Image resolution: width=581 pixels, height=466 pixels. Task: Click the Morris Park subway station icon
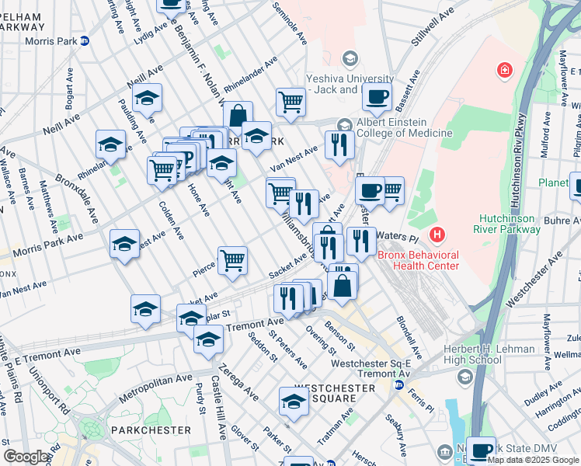(x=85, y=41)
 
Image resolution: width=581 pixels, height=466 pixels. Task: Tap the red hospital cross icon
(x=506, y=71)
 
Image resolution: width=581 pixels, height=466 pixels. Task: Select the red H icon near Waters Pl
(x=439, y=233)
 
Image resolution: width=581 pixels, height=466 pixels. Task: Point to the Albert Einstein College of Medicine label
(x=404, y=127)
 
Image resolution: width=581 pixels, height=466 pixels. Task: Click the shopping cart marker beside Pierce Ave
(x=232, y=261)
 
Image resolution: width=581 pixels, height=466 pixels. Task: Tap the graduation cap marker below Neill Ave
(x=147, y=99)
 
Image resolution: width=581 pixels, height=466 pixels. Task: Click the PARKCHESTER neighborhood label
(x=151, y=429)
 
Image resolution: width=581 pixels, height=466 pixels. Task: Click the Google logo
(x=25, y=457)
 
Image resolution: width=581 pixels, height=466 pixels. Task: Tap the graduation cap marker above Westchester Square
(x=294, y=402)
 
